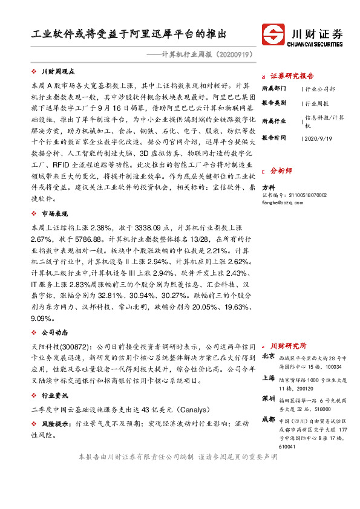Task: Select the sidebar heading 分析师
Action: pos(281,170)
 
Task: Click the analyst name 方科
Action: pos(267,187)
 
